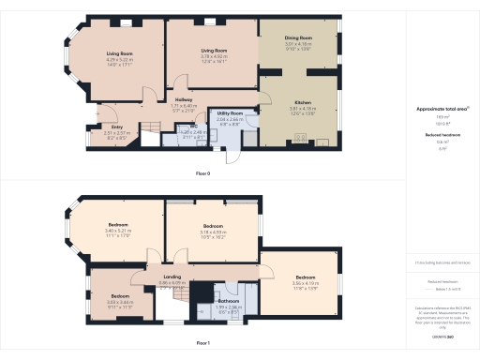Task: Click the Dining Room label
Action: coord(298,38)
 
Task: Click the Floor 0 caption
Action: coord(202,173)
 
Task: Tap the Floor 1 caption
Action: coord(202,343)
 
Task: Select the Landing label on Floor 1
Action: coord(172,277)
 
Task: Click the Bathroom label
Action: coord(229,300)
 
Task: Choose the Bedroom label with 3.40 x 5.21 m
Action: coord(118,227)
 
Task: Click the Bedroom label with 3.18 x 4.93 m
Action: coord(214,226)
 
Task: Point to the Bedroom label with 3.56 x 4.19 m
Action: coord(306,277)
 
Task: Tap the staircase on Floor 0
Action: coord(152,127)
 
